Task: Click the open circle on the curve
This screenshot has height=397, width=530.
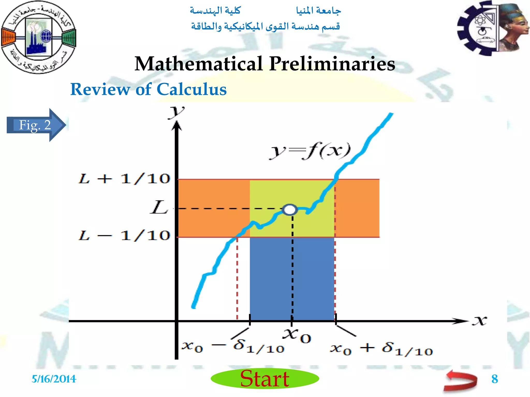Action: click(x=290, y=209)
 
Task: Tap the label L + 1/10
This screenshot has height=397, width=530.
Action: click(x=124, y=179)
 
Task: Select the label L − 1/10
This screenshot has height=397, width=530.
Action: click(x=124, y=236)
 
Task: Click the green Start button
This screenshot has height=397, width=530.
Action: click(x=265, y=378)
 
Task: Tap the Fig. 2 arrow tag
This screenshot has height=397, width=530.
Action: click(x=35, y=125)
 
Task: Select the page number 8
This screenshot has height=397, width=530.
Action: click(x=495, y=379)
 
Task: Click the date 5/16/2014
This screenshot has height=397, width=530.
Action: click(x=54, y=379)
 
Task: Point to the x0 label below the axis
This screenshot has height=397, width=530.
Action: click(x=297, y=336)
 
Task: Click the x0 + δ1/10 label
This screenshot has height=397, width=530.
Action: click(x=381, y=349)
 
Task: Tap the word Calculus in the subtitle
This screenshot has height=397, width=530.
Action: click(x=192, y=89)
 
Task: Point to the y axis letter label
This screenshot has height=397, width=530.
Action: click(x=176, y=112)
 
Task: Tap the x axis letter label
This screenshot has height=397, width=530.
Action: click(x=480, y=320)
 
